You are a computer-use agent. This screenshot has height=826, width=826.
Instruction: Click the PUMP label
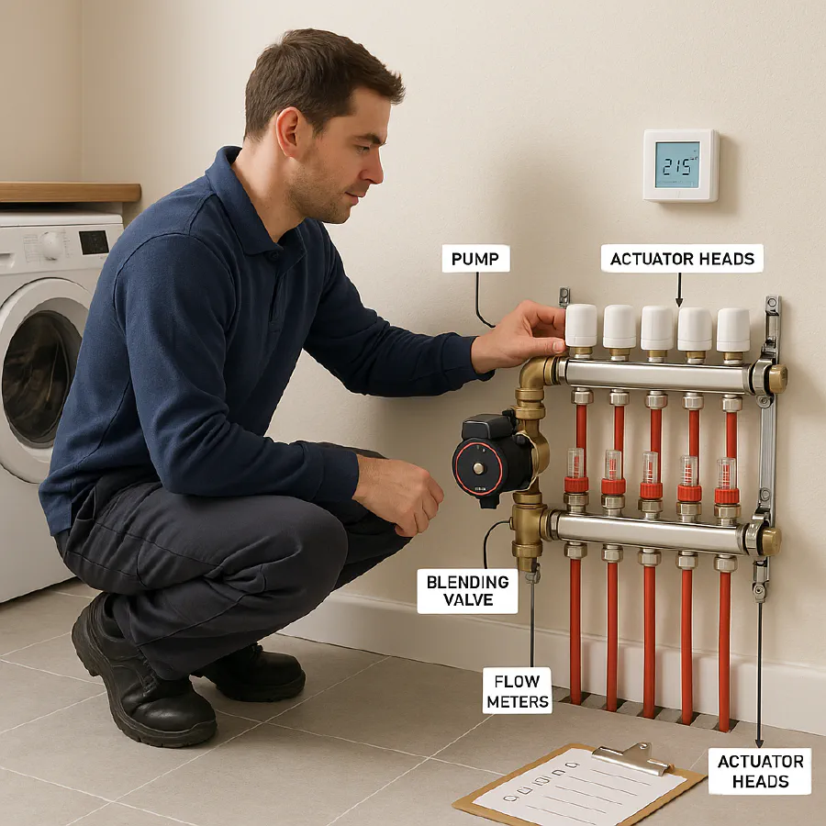[x=475, y=258]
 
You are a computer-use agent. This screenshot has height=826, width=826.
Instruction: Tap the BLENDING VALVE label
[x=467, y=591]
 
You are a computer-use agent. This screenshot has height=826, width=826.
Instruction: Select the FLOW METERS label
[x=518, y=690]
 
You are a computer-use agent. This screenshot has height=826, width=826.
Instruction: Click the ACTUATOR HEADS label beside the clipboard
[x=760, y=771]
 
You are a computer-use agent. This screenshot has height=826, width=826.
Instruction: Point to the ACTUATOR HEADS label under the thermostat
[x=683, y=258]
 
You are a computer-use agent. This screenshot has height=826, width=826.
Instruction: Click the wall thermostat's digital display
[x=677, y=164]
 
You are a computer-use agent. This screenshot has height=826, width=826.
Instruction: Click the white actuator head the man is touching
[x=581, y=326]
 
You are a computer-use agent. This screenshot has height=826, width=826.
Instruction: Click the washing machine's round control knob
[x=52, y=244]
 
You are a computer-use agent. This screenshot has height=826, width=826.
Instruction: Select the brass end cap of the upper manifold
[x=776, y=378]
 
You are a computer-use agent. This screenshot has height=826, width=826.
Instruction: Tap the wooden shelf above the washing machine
[x=70, y=192]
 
